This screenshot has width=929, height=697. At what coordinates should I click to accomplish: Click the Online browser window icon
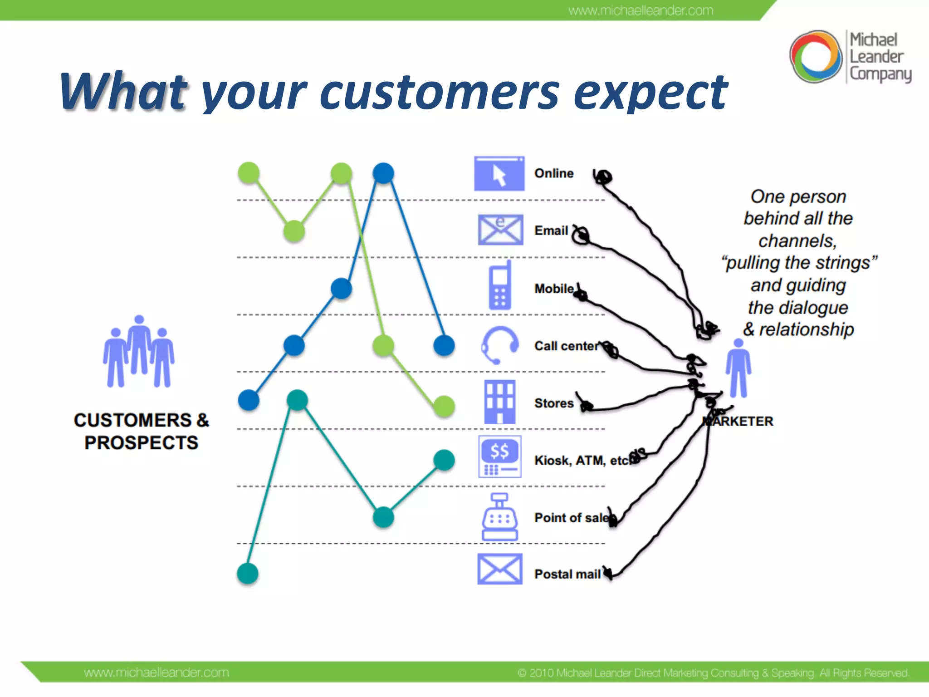pyautogui.click(x=499, y=174)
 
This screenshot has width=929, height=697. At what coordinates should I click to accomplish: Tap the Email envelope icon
pyautogui.click(x=500, y=230)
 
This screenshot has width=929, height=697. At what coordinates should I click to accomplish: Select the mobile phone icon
pyautogui.click(x=499, y=286)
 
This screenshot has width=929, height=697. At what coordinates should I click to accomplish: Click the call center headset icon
pyautogui.click(x=499, y=345)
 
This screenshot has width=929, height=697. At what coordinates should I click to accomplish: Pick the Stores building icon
pyautogui.click(x=499, y=402)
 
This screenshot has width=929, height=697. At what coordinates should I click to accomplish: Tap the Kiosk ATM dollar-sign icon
pyautogui.click(x=499, y=457)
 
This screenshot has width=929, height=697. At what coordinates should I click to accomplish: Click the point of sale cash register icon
pyautogui.click(x=499, y=517)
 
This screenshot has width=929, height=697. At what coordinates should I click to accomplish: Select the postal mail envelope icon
pyautogui.click(x=499, y=569)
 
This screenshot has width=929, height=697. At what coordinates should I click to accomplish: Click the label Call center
pyautogui.click(x=566, y=346)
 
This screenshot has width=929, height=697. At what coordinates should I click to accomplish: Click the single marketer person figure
pyautogui.click(x=738, y=368)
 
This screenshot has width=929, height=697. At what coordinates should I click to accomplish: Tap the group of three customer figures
pyautogui.click(x=139, y=353)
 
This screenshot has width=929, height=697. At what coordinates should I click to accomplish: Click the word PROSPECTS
pyautogui.click(x=141, y=443)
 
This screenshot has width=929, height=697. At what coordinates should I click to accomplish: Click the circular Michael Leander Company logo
pyautogui.click(x=815, y=57)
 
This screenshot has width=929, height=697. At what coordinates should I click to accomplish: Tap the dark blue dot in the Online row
pyautogui.click(x=383, y=173)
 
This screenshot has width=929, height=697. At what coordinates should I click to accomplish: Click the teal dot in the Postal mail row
pyautogui.click(x=248, y=574)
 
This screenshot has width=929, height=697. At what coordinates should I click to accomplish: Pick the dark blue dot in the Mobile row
pyautogui.click(x=341, y=288)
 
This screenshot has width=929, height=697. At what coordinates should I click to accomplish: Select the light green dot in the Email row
pyautogui.click(x=294, y=231)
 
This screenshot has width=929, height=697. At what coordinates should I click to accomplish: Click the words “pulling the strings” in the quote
pyautogui.click(x=799, y=263)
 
